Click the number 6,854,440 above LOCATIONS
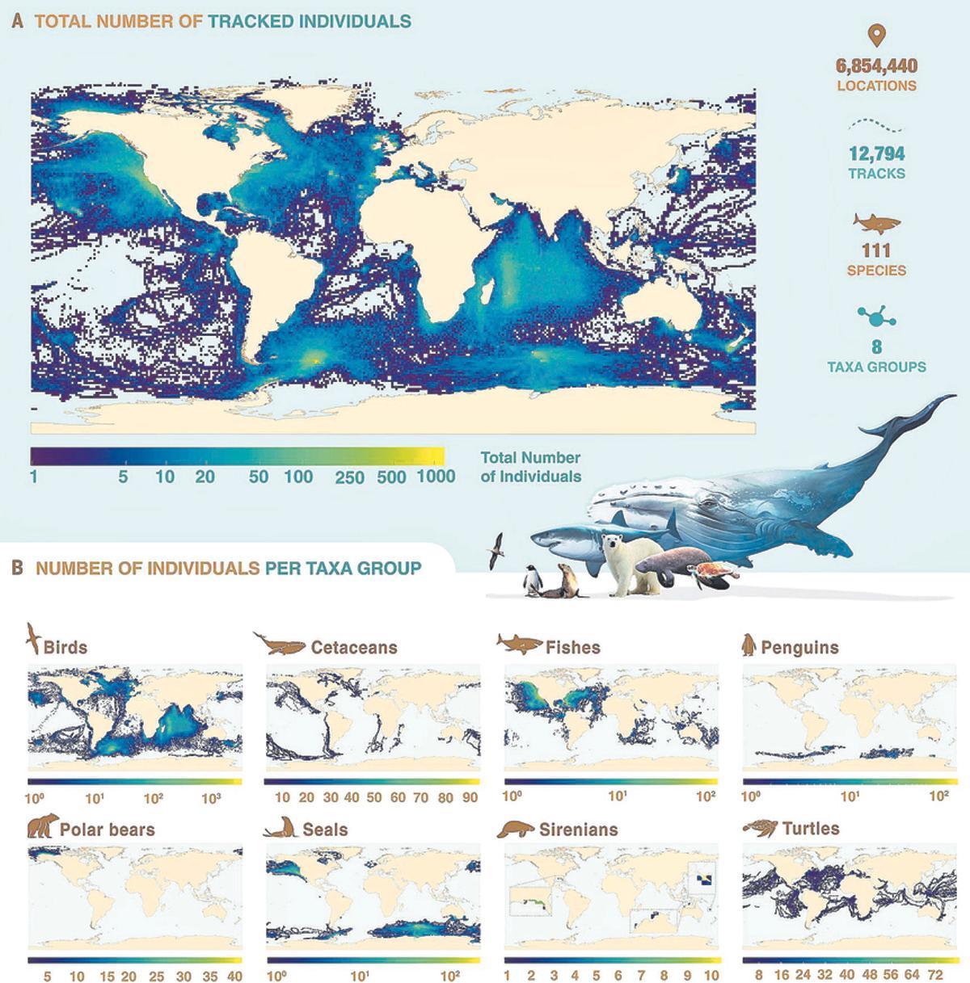pyautogui.click(x=876, y=66)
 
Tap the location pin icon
pyautogui.click(x=876, y=36)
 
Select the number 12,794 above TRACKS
pyautogui.click(x=876, y=153)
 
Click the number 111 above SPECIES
pyautogui.click(x=876, y=251)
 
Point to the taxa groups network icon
pyautogui.click(x=876, y=317)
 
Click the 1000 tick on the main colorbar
pyautogui.click(x=436, y=477)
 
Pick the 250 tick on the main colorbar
pyautogui.click(x=349, y=477)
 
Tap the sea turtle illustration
pyautogui.click(x=711, y=576)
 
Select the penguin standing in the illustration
pyautogui.click(x=533, y=579)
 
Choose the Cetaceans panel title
pyautogui.click(x=354, y=648)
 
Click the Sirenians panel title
pyautogui.click(x=578, y=830)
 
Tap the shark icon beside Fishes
pyautogui.click(x=518, y=644)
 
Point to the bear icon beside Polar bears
pyautogui.click(x=41, y=827)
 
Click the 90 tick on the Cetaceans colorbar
pyautogui.click(x=470, y=797)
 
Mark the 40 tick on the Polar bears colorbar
pyautogui.click(x=234, y=976)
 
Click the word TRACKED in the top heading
pyautogui.click(x=250, y=21)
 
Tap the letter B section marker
pyautogui.click(x=17, y=568)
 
